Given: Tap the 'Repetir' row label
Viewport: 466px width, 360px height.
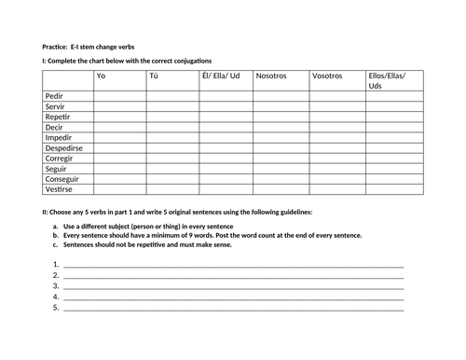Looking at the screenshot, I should click(58, 117).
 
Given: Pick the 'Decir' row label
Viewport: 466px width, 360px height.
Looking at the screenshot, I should click(54, 127).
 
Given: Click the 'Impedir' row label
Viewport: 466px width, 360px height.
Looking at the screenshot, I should click(59, 137).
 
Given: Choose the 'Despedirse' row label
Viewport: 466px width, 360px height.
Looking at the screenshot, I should click(64, 147).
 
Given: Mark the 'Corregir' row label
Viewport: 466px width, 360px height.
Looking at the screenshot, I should click(60, 158).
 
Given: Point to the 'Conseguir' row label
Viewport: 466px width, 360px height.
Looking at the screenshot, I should click(62, 178).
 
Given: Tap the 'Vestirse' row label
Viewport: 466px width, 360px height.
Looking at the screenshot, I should click(59, 188).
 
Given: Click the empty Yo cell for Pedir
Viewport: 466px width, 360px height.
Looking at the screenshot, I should click(118, 96).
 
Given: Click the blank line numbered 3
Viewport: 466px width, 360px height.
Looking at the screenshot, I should click(233, 285).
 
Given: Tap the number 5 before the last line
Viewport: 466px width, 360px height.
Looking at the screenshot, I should click(56, 306).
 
